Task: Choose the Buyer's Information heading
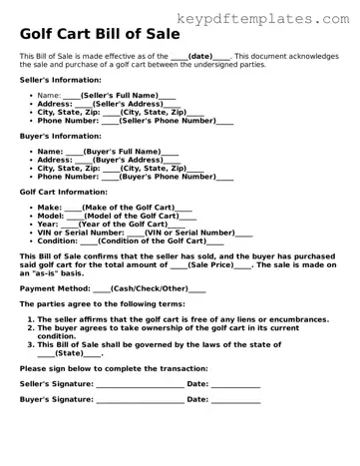[54, 136]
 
